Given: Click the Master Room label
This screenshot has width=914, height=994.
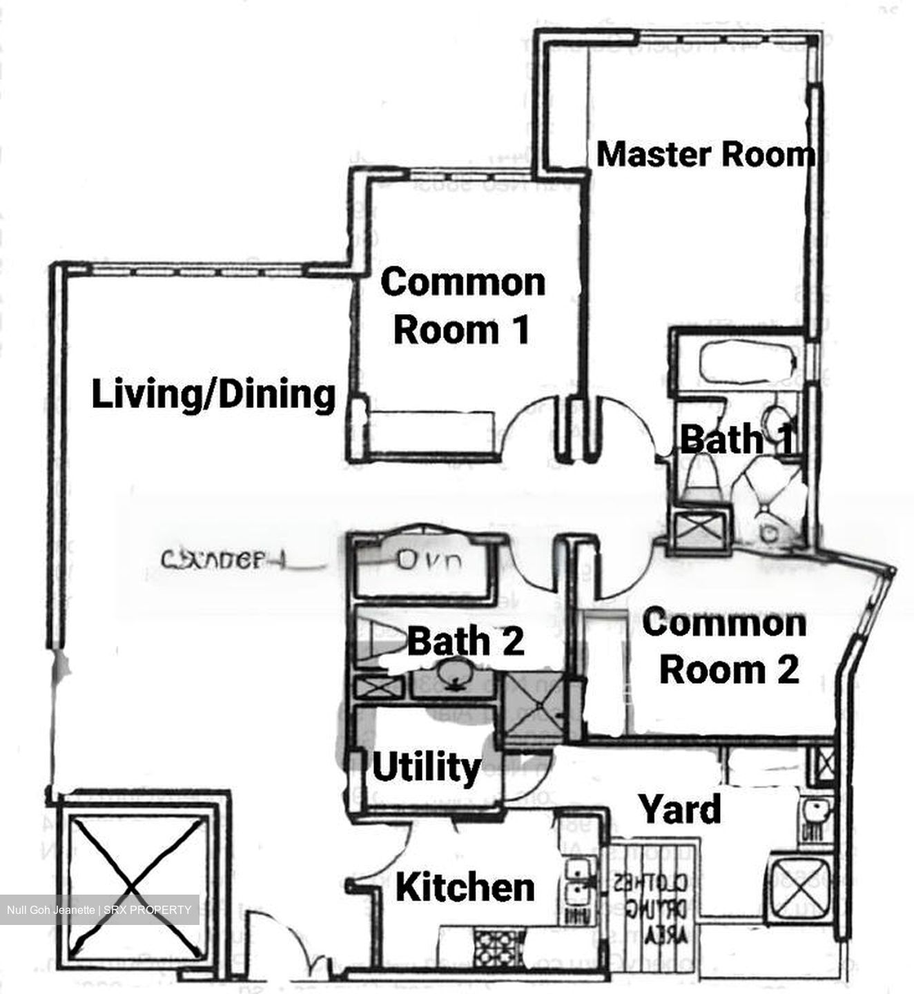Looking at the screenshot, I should [x=705, y=154].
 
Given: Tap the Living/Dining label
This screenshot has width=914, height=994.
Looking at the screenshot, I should [x=214, y=395].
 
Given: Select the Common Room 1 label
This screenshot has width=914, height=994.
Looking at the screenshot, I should [x=463, y=306].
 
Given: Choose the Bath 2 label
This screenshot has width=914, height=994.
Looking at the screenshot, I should [x=466, y=641].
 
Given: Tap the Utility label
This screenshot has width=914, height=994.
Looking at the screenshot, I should [x=427, y=767].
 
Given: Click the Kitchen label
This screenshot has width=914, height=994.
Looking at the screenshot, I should [x=465, y=887].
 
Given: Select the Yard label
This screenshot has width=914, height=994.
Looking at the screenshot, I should [x=680, y=809].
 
